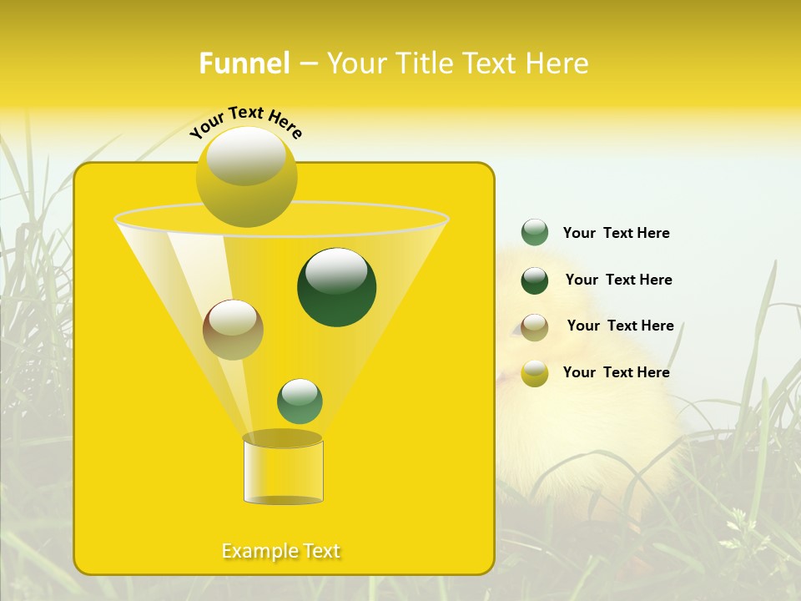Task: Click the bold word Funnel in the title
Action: [244, 63]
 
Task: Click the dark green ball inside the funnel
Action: [337, 288]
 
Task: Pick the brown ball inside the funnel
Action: [233, 331]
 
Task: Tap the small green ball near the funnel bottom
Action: [300, 402]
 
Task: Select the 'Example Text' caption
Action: [281, 551]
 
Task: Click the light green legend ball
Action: [535, 233]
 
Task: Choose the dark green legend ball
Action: [535, 280]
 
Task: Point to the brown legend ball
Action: [535, 327]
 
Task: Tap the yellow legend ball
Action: [535, 373]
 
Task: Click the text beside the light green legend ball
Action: [617, 233]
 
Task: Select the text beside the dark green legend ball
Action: [618, 280]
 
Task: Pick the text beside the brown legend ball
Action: [620, 326]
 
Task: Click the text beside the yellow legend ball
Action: [617, 372]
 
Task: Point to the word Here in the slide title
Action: [558, 63]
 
